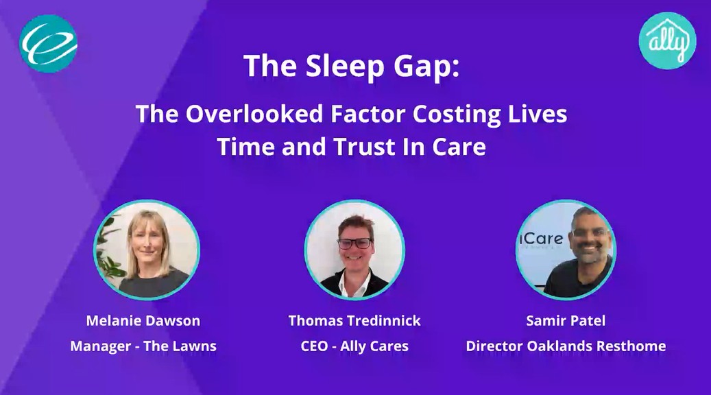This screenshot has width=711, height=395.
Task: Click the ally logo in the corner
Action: coord(667,41)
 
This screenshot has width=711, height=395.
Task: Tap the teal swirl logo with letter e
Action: coord(49,43)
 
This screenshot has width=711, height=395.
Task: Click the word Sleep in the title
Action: coord(345,67)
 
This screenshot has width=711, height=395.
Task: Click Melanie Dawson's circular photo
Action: coord(147,250)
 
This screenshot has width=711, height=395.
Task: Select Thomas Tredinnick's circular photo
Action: coord(354,250)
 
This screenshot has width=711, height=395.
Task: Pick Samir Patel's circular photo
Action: coord(566,250)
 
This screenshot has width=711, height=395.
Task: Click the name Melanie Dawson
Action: coord(143,321)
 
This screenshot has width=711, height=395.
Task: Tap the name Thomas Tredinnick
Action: coord(354,321)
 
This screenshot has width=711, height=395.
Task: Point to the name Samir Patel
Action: coord(566,321)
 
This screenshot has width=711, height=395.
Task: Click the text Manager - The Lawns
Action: coord(143,346)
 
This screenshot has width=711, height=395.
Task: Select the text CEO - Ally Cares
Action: coord(354,346)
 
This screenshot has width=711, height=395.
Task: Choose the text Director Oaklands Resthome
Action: coord(566,346)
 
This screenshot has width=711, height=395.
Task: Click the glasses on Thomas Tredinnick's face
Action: coord(355,243)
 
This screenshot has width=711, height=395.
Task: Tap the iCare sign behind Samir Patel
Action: coord(541,239)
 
